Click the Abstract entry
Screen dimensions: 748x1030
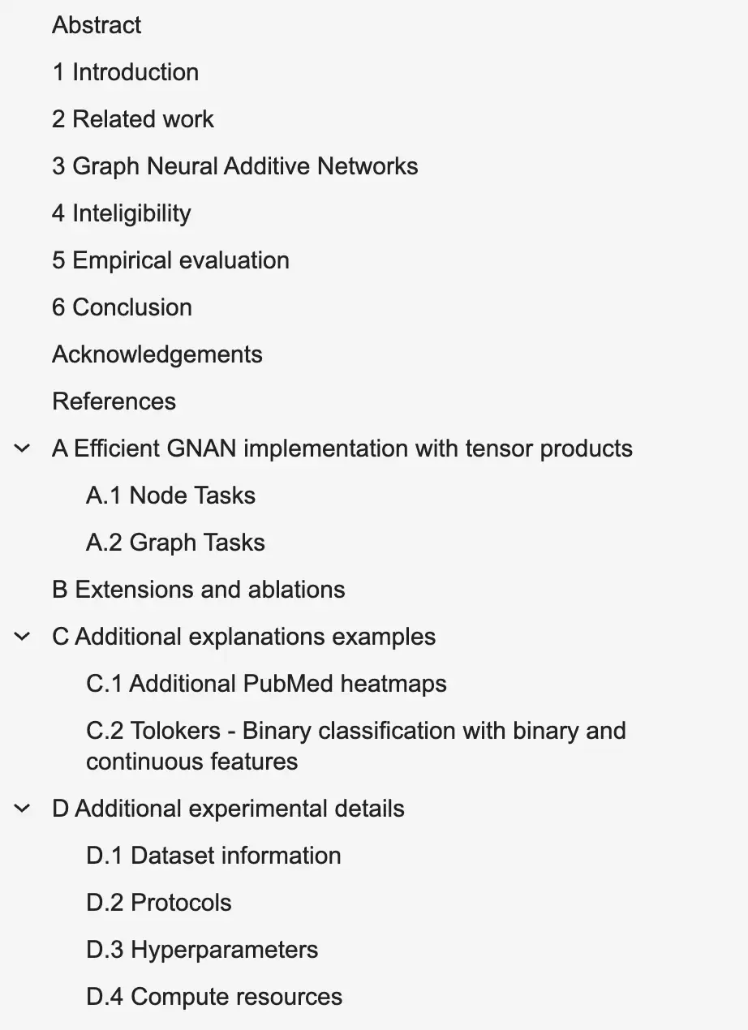tap(97, 25)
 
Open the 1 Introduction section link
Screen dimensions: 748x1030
tap(125, 72)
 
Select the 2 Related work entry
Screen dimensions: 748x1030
tap(132, 119)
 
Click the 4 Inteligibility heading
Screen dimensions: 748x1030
tap(122, 214)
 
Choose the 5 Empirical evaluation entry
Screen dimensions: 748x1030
tap(170, 260)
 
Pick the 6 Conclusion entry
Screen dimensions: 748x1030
tap(122, 307)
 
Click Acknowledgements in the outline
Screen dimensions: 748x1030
tap(157, 354)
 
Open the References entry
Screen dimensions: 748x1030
tap(114, 401)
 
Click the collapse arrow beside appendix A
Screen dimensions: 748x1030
tap(22, 448)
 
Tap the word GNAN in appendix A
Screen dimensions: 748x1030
tap(201, 448)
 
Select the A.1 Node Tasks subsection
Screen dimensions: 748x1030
tap(170, 496)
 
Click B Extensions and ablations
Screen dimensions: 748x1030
tap(198, 590)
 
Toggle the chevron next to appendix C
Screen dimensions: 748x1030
tap(22, 637)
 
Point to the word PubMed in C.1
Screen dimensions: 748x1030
tap(288, 684)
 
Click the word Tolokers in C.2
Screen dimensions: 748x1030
tap(175, 731)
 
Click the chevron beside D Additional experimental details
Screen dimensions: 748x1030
tap(22, 809)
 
